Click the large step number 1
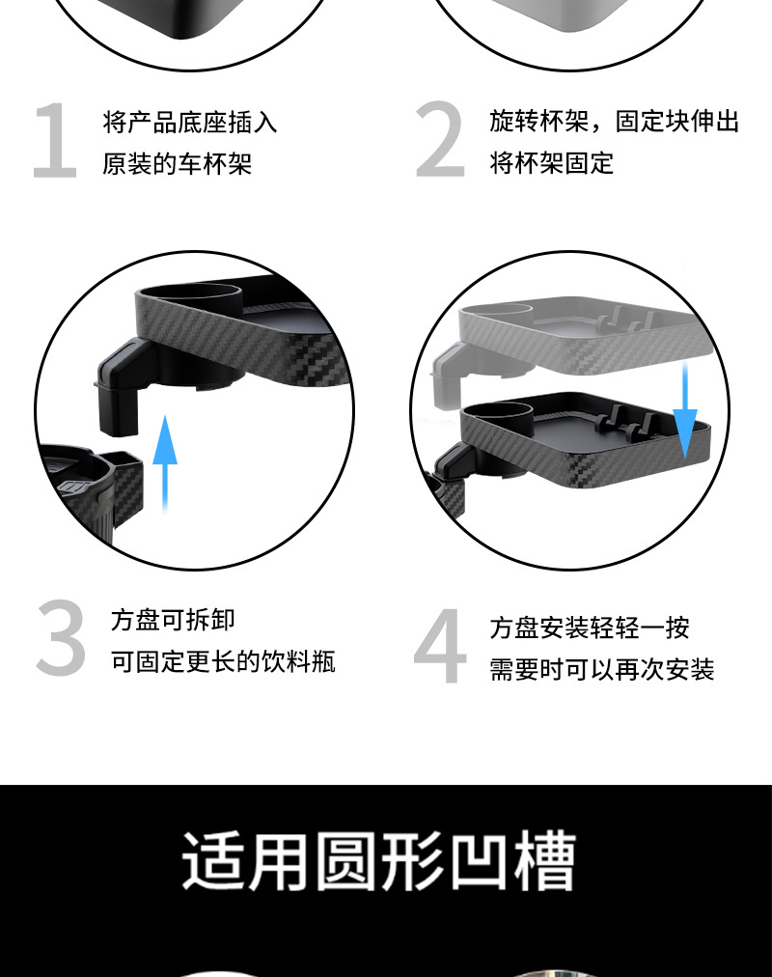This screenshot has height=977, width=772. coord(55,142)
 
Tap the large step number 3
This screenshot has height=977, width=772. coord(62,639)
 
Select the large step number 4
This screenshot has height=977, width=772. coord(440,648)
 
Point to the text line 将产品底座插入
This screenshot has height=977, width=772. coord(190,123)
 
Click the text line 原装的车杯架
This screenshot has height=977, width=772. coord(178,164)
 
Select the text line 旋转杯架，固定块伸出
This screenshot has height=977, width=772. coord(614,122)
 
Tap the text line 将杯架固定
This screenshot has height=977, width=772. coord(551,163)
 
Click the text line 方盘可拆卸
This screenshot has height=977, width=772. coord(173,620)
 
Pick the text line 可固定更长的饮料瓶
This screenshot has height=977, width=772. coord(223,662)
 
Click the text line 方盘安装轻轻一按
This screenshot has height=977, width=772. coord(589,628)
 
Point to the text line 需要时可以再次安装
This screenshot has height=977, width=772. coord(601,670)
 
